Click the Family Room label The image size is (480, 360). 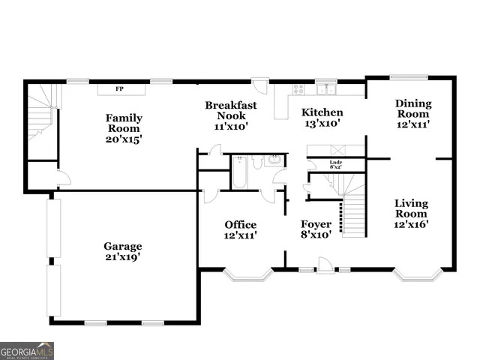[x=124, y=128]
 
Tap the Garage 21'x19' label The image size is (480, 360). [x=123, y=251]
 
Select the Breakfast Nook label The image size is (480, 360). [x=231, y=115]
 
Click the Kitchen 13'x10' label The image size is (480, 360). [x=322, y=118]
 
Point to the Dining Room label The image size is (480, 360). [x=413, y=114]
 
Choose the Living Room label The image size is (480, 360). [x=412, y=214]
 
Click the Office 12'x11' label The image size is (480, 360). [x=241, y=229]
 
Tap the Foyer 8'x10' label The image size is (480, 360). [x=316, y=229]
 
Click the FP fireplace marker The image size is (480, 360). [x=118, y=89]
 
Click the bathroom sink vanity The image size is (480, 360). [x=274, y=160]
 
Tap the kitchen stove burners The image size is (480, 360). [x=298, y=90]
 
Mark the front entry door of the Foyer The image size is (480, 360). [x=325, y=265]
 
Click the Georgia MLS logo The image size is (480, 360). [x=27, y=350]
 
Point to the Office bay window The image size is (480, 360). [x=247, y=276]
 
